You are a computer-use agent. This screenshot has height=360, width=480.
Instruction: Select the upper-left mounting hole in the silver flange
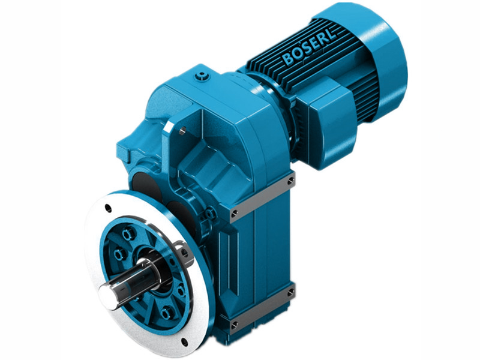107,209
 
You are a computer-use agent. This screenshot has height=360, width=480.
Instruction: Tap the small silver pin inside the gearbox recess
179,127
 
